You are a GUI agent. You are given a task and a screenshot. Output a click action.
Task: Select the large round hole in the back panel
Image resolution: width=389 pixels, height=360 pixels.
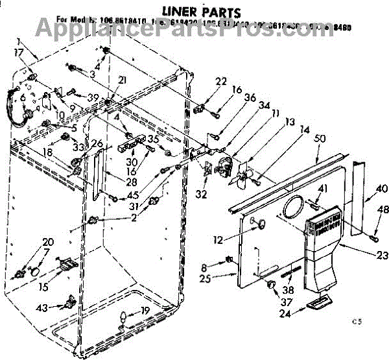click(x=293, y=206)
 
